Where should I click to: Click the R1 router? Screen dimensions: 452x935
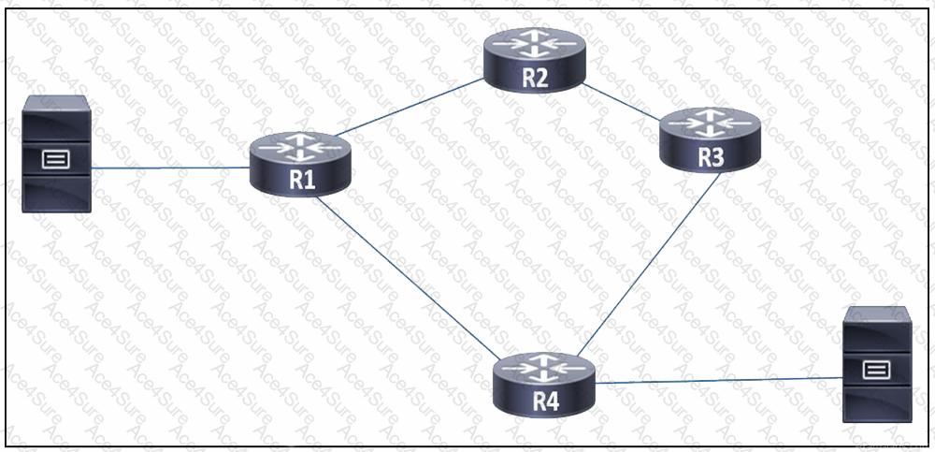tap(300, 163)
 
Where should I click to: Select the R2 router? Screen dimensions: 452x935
tap(534, 59)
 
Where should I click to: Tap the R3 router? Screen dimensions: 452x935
tap(711, 139)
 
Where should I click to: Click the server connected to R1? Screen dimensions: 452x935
tap(57, 153)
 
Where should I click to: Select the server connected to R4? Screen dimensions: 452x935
tap(876, 364)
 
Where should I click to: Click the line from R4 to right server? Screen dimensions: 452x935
tap(720, 380)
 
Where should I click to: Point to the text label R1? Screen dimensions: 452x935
tap(300, 180)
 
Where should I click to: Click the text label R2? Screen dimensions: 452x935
tap(534, 78)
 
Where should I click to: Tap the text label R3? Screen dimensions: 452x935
tap(711, 157)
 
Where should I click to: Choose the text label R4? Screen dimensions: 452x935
tap(545, 402)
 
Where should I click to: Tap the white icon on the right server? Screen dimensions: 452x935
tap(876, 370)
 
